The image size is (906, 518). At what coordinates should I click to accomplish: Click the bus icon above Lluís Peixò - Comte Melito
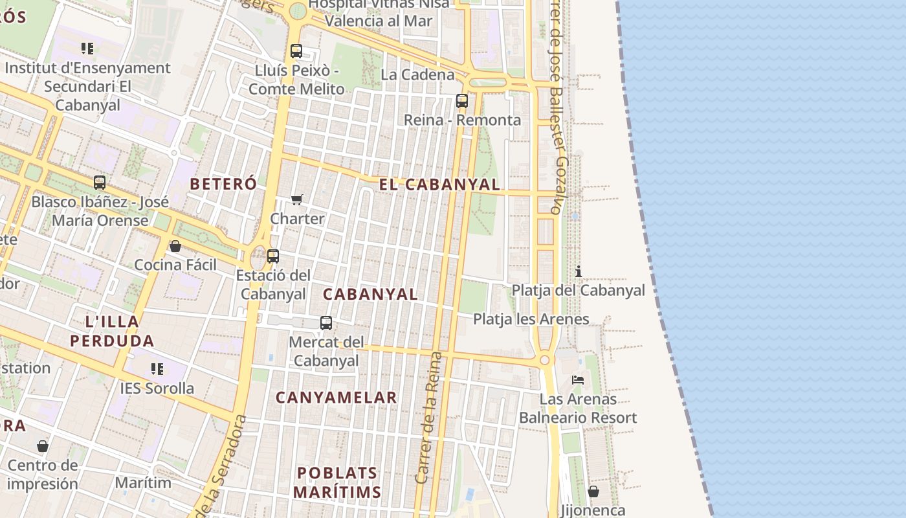[x=296, y=51]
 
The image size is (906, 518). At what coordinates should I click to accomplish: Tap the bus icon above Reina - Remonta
[x=462, y=101]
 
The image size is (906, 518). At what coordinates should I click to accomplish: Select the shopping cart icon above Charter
[x=297, y=199]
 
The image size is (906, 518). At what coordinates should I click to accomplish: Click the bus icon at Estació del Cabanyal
[x=273, y=256]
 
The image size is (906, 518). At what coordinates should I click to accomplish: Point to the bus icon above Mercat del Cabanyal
[x=326, y=323]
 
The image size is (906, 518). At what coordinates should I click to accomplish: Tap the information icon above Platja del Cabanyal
[x=579, y=271]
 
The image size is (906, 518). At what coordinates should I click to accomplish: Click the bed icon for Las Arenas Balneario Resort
[x=578, y=380]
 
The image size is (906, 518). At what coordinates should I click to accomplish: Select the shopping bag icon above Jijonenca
[x=593, y=492]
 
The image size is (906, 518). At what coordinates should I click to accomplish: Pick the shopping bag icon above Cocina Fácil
[x=175, y=246]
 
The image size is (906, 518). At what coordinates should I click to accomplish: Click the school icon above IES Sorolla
[x=157, y=369]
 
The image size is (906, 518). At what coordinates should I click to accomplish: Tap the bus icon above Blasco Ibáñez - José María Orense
[x=100, y=183]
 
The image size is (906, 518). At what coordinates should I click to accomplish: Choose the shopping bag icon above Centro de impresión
[x=43, y=446]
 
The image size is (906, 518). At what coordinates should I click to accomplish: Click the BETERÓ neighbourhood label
[x=223, y=184]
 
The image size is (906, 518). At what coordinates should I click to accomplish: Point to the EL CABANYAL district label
[x=439, y=185]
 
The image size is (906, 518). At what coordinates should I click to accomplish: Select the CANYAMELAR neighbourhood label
[x=336, y=398]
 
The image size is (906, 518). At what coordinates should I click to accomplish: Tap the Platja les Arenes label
[x=531, y=319]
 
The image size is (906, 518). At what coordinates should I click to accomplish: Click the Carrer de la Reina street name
[x=428, y=418]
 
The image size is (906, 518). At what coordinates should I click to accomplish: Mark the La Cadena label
[x=417, y=74]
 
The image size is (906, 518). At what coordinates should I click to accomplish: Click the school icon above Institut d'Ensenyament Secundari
[x=87, y=49]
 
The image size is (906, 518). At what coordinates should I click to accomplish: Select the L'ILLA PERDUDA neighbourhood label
[x=112, y=331]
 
